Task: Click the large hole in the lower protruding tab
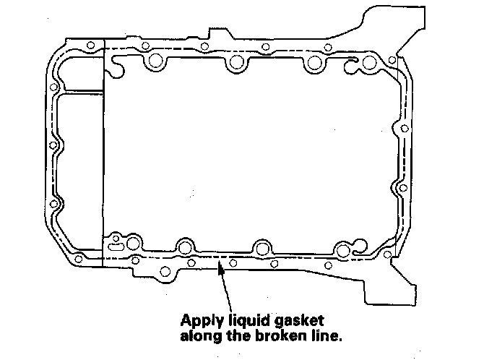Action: pos(165,272)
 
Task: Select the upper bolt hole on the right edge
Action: pos(404,128)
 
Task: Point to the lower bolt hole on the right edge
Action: pos(404,189)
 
